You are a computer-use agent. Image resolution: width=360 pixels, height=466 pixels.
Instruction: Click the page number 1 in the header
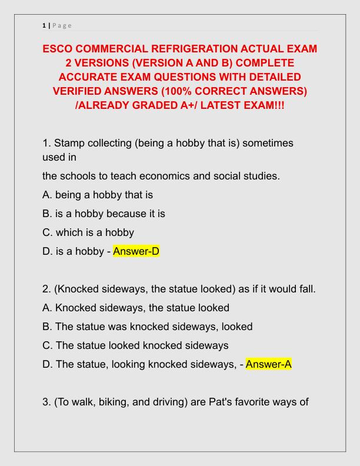[x=44, y=25]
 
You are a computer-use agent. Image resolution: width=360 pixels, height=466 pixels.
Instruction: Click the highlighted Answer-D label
[x=136, y=251]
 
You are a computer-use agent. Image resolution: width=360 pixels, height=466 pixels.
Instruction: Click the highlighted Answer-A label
[x=269, y=364]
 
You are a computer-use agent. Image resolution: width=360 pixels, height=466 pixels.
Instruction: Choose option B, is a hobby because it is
[x=104, y=213]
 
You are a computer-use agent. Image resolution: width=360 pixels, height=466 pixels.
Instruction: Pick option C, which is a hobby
[x=88, y=232]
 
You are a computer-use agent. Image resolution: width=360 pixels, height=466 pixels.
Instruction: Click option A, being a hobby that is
[x=97, y=194]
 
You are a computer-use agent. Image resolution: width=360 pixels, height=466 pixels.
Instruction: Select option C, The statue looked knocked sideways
[x=135, y=345]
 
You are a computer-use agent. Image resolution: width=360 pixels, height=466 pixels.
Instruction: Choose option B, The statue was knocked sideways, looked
[x=148, y=326]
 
